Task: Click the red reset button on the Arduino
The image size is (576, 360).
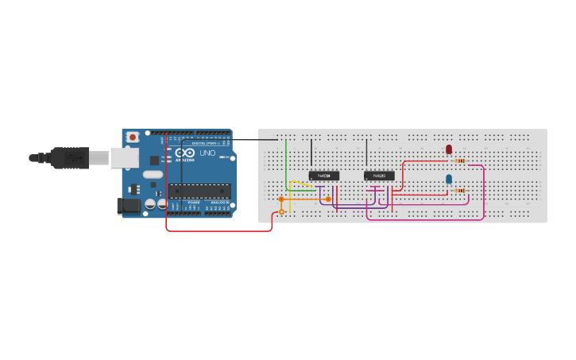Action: point(132,137)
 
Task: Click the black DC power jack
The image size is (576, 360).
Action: point(128,207)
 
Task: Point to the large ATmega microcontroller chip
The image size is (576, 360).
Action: point(199,191)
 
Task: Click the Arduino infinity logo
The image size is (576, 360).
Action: point(184,153)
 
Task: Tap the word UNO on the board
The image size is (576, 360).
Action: point(207,153)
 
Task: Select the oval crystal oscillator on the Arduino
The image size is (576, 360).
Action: point(153,174)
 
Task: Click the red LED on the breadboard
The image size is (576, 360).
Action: point(449,149)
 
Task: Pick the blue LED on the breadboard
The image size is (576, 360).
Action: point(449,180)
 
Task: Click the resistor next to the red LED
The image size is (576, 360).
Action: point(460,161)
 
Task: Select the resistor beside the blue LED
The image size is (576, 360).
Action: point(460,191)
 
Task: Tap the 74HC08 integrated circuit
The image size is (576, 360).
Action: point(324,176)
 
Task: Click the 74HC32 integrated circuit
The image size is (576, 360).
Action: point(379,176)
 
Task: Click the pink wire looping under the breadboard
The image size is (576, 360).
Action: point(425,219)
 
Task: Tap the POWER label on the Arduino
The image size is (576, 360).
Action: point(194,203)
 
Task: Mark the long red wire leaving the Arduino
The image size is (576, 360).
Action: point(218,231)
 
